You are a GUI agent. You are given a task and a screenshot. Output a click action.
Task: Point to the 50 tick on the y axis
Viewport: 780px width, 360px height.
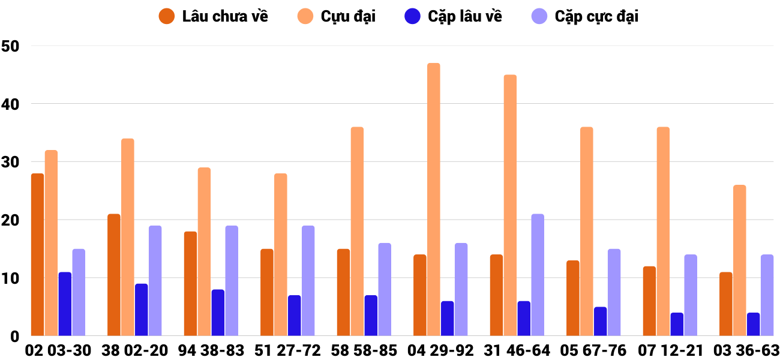click(11, 46)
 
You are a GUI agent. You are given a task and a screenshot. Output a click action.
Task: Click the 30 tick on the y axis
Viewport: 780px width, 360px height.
click(11, 163)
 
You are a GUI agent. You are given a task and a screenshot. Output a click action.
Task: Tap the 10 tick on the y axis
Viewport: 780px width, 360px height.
click(11, 279)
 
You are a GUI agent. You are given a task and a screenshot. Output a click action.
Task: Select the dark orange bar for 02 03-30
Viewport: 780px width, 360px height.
click(38, 254)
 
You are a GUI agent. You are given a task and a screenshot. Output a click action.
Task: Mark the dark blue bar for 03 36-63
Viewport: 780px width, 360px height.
click(753, 325)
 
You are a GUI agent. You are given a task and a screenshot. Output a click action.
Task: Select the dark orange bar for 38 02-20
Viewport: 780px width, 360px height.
click(114, 275)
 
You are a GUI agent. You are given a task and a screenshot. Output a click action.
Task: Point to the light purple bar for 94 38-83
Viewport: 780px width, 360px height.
click(232, 281)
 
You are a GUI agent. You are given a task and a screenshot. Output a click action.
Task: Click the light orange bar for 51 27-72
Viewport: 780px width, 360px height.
click(281, 254)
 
